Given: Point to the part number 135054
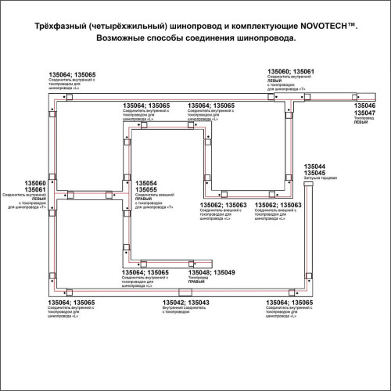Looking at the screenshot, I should click(x=147, y=182).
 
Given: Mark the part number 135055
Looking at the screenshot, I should click(x=147, y=189).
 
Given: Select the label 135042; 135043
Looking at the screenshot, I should click(x=185, y=302).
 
